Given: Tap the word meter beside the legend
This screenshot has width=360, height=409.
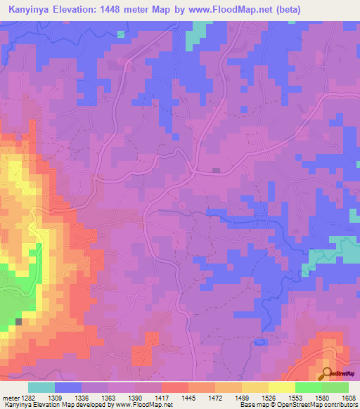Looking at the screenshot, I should [8, 398].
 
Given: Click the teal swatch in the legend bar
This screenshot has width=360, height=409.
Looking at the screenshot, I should [41, 387].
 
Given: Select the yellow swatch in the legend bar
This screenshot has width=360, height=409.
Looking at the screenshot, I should [281, 387].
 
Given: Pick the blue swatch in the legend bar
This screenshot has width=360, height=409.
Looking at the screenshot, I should [68, 387].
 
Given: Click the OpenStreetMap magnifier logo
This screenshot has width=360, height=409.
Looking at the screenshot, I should [328, 373].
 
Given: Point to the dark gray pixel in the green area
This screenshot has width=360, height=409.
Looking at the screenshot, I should [19, 322].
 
